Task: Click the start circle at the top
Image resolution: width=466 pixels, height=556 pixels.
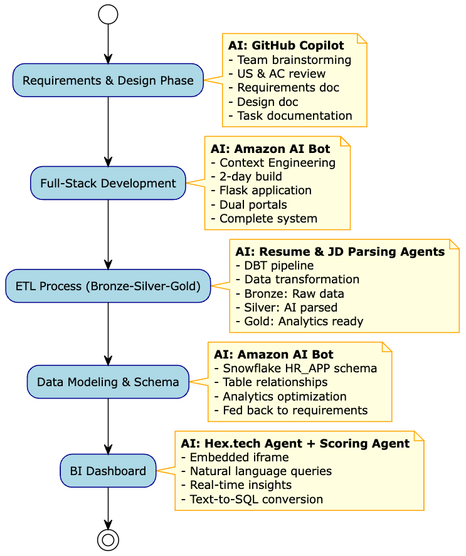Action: coord(108,14)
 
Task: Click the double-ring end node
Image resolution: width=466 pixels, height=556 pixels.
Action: coord(108,539)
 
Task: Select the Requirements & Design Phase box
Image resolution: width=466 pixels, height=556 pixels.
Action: coord(108,80)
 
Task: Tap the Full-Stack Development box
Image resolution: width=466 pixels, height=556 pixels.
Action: coord(108,183)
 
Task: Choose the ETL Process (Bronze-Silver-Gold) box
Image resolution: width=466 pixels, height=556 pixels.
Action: coord(108,286)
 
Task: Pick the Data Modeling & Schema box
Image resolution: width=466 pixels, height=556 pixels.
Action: coord(108,382)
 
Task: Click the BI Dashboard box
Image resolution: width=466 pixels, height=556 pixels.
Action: coord(108,471)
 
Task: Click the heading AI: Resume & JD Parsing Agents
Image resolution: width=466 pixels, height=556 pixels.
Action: coord(340,252)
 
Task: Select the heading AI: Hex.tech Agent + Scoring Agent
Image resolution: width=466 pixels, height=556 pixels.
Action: coord(295,444)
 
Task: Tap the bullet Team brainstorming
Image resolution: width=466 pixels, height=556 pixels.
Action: coord(290,60)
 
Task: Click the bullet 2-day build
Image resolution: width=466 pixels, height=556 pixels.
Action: coord(246,177)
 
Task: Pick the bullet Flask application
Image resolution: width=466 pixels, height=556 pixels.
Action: coord(261,191)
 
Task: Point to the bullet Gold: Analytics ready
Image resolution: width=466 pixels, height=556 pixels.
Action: coord(299,321)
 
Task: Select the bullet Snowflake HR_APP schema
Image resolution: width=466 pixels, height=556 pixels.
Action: coord(295,369)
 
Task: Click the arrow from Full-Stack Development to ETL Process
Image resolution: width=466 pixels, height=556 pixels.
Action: coord(108,234)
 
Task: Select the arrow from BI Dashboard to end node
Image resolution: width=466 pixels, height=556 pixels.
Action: coord(108,508)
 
